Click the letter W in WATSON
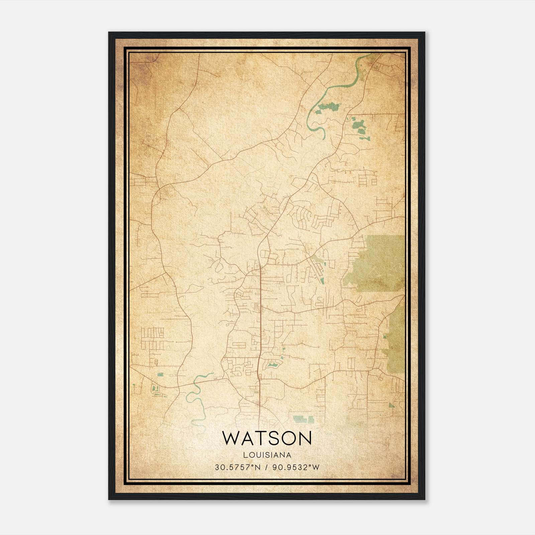coord(232,438)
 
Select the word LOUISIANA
coord(267,455)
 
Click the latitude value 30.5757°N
coord(237,467)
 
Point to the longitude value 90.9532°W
coord(296,467)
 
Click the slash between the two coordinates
coord(266,467)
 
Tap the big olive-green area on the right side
coord(381,261)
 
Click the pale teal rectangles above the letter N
coord(303,419)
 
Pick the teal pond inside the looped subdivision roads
coord(273,364)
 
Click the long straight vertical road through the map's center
coord(260,318)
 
